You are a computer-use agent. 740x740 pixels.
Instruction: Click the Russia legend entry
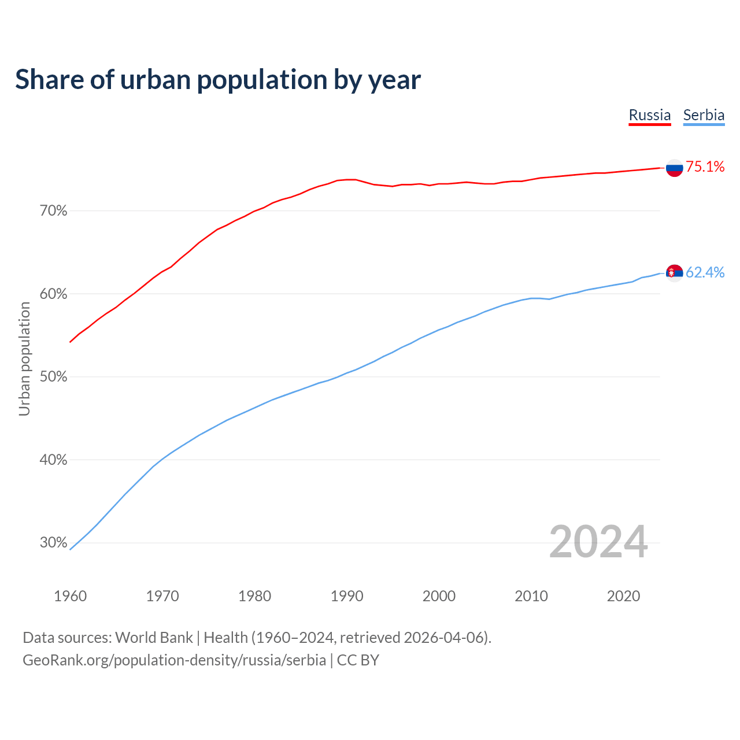click(x=649, y=116)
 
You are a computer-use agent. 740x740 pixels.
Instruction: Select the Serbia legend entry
click(x=704, y=116)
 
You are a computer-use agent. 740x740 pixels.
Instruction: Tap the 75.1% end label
click(x=705, y=167)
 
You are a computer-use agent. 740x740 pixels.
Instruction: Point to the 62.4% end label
click(x=705, y=272)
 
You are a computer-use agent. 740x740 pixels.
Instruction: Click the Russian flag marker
click(x=674, y=168)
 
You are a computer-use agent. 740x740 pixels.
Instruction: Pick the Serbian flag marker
click(x=674, y=272)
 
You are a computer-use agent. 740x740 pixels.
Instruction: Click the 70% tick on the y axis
click(x=53, y=211)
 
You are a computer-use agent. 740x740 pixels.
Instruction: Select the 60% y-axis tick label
click(x=53, y=294)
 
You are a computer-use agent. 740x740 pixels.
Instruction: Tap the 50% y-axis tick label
click(x=53, y=377)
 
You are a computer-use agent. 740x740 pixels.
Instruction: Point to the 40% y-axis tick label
click(x=53, y=460)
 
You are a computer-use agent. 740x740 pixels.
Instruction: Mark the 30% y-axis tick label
click(x=53, y=543)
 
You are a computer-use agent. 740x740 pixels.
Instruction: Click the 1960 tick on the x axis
click(x=70, y=596)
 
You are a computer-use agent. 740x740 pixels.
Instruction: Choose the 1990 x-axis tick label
click(x=347, y=596)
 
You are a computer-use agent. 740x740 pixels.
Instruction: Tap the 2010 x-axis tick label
click(x=531, y=596)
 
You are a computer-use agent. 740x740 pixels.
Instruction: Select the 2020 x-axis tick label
click(x=623, y=596)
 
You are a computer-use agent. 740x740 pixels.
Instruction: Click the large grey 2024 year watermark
click(x=598, y=542)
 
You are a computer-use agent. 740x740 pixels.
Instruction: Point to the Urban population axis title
click(x=24, y=358)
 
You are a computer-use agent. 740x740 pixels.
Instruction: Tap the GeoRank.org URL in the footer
click(x=174, y=660)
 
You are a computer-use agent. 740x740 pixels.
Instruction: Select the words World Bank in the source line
click(x=154, y=638)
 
